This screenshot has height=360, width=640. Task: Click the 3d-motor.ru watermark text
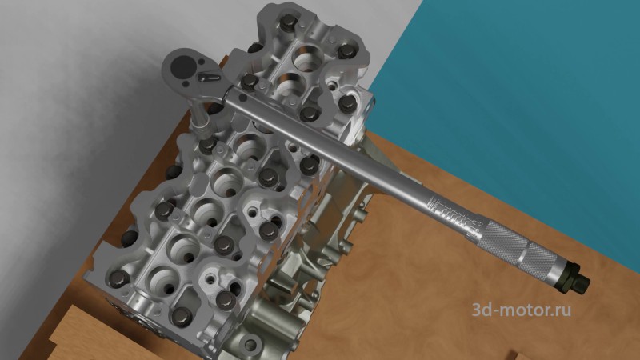coord(522,310)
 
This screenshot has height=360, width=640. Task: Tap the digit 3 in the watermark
coord(477,310)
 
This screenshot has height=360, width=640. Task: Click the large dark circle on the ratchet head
coord(182,67)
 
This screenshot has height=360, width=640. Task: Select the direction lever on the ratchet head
coord(210,77)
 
